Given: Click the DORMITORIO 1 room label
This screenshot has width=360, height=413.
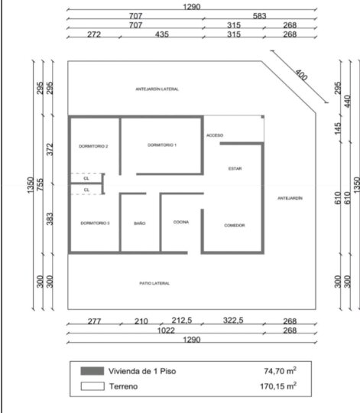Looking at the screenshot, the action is (x=162, y=145).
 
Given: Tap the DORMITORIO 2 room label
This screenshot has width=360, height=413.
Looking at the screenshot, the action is (x=93, y=146).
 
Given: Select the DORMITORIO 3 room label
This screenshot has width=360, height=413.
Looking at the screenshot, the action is (x=95, y=223).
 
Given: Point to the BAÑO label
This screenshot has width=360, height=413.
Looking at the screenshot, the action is (x=139, y=223).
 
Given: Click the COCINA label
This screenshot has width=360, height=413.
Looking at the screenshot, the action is (x=181, y=222).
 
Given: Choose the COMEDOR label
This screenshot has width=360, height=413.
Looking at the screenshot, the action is (x=235, y=225).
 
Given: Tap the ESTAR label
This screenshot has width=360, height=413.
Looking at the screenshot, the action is (x=235, y=168).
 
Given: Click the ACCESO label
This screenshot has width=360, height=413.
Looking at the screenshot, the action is (x=215, y=135).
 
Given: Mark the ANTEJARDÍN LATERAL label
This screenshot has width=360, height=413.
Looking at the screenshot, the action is (x=157, y=89).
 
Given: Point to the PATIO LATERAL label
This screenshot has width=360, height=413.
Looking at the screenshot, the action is (x=154, y=284).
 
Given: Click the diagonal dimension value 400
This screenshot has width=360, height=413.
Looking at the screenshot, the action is (x=301, y=75).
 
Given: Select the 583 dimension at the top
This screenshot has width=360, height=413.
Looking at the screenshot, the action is (x=259, y=16).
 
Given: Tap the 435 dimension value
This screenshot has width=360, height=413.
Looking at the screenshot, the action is (x=162, y=34).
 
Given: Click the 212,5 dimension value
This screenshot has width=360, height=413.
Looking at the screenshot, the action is (x=182, y=320).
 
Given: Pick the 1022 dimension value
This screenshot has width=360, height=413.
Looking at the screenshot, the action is (x=166, y=330).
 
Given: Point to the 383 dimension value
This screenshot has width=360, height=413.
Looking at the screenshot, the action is (x=50, y=219).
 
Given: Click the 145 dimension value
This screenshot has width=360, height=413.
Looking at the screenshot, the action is (x=338, y=128).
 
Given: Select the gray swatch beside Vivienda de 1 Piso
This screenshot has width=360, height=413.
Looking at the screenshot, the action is (x=92, y=371).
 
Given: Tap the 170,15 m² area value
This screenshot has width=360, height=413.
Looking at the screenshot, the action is (x=278, y=386).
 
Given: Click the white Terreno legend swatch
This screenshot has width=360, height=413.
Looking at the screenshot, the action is (x=92, y=386).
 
